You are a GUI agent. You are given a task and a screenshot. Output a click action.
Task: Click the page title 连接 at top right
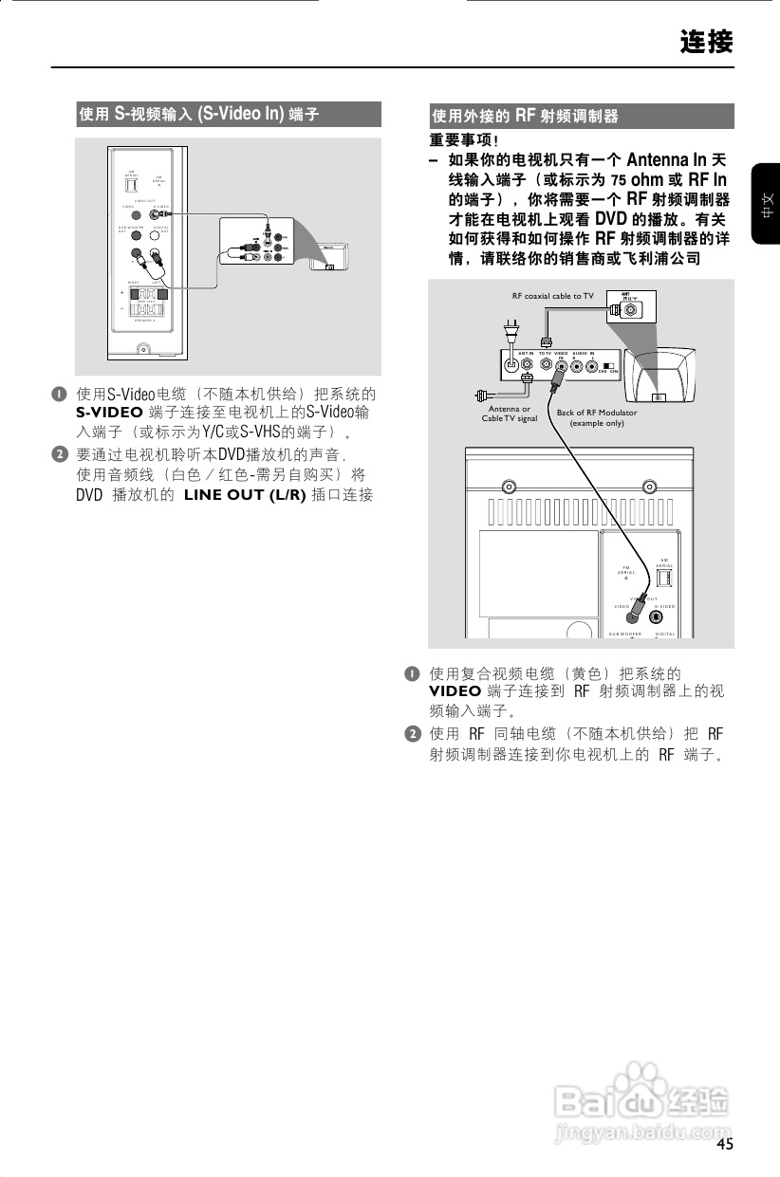click(x=706, y=43)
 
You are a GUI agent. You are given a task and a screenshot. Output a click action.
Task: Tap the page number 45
click(x=725, y=1144)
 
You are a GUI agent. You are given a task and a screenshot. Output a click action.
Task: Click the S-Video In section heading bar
click(x=228, y=115)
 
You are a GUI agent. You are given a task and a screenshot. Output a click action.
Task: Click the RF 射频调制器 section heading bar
click(x=581, y=117)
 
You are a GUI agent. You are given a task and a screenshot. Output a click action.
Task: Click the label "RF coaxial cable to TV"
click(x=552, y=296)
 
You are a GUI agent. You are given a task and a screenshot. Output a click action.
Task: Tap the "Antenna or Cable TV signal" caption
click(x=509, y=414)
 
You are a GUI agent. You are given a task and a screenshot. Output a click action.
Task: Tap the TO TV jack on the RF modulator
click(x=546, y=362)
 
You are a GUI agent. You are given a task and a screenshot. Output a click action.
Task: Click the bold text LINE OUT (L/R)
click(x=245, y=495)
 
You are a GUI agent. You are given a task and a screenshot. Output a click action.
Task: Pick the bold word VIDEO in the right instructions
click(x=455, y=690)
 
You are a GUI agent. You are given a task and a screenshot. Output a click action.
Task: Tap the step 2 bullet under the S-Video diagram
click(x=59, y=454)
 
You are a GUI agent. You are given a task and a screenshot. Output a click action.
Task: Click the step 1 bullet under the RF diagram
click(x=412, y=673)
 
